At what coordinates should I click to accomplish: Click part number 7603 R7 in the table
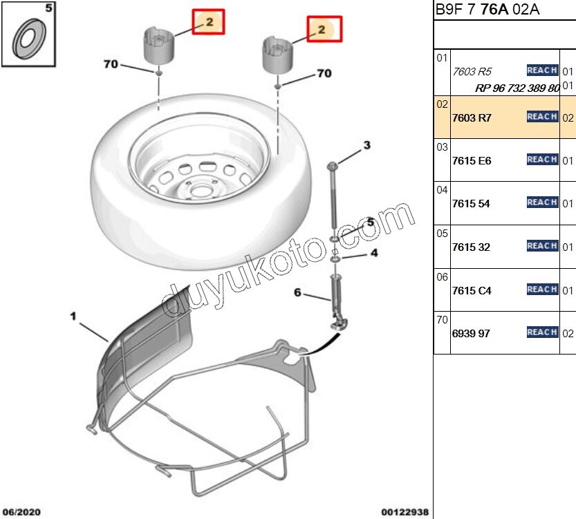pyautogui.click(x=472, y=117)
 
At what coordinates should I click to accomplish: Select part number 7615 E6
pyautogui.click(x=472, y=160)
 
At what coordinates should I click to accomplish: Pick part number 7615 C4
pyautogui.click(x=472, y=291)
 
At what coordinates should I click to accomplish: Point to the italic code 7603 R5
pyautogui.click(x=472, y=71)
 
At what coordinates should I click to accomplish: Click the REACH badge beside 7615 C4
pyautogui.click(x=542, y=290)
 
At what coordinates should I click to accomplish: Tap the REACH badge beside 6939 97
pyautogui.click(x=542, y=332)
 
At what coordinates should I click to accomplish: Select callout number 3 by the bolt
pyautogui.click(x=367, y=145)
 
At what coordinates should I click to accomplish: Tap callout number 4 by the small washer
pyautogui.click(x=374, y=253)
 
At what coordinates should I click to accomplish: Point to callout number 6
pyautogui.click(x=298, y=293)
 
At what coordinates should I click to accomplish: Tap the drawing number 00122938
pyautogui.click(x=405, y=512)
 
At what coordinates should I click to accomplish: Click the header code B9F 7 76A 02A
pyautogui.click(x=487, y=10)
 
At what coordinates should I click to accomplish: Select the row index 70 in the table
pyautogui.click(x=442, y=321)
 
